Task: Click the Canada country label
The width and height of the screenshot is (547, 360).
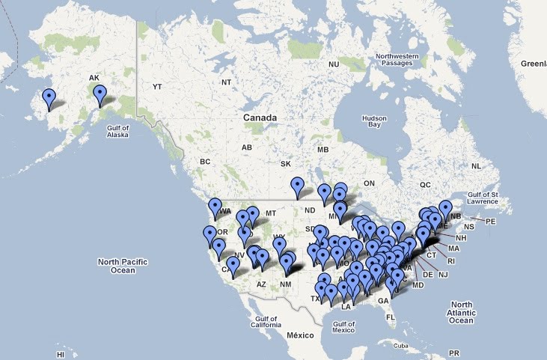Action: pos(260,118)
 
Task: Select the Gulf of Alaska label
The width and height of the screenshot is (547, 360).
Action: pos(117,132)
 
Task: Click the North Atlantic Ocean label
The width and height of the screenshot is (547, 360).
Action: pos(461,313)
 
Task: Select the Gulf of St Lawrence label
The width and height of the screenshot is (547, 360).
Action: pos(486,197)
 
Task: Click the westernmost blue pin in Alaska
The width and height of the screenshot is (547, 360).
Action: pos(49,98)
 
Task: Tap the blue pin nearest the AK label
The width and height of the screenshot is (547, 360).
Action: pos(100,94)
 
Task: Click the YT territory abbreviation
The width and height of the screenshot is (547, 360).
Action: pos(156,87)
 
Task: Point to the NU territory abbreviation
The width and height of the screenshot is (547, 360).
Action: pos(334,65)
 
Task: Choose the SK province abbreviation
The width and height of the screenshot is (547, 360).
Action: pos(285,163)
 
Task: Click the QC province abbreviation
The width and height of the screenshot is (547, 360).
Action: pos(426,184)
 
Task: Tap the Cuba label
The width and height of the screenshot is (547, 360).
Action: pos(403,346)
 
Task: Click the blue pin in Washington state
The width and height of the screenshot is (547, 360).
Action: pos(216,207)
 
